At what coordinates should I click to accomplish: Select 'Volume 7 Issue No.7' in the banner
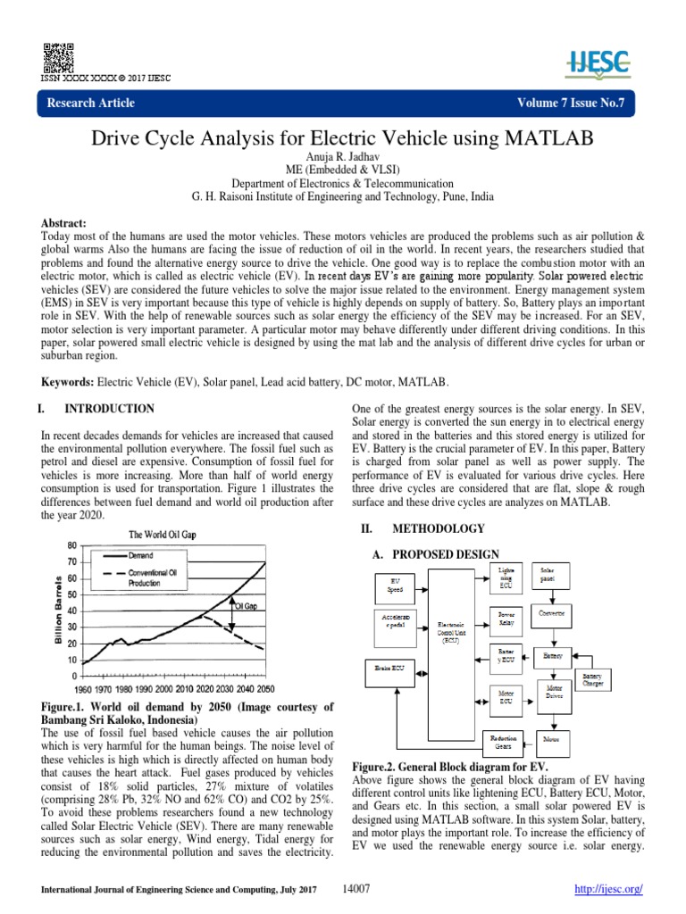[x=576, y=103]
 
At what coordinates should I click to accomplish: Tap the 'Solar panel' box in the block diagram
[x=543, y=573]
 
